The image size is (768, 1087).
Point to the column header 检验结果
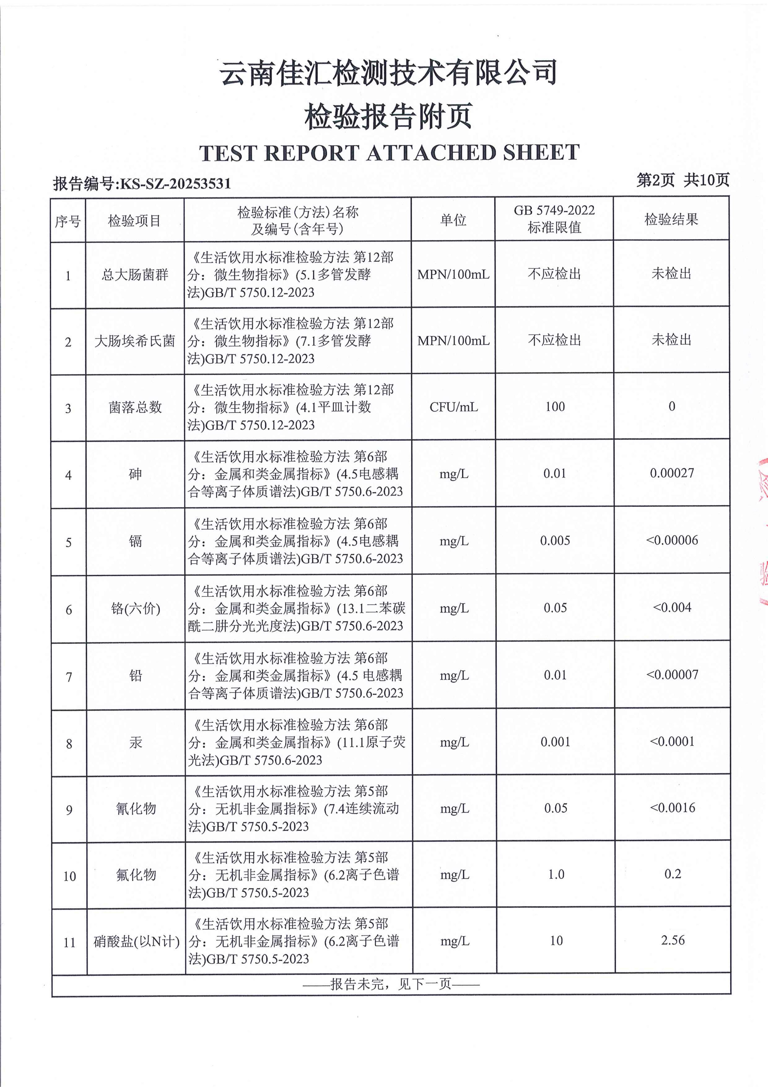[671, 219]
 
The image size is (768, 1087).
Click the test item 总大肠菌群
[135, 275]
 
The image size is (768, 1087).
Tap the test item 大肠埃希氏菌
[135, 341]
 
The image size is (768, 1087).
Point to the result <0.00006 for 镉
[671, 540]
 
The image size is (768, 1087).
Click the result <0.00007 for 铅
[672, 675]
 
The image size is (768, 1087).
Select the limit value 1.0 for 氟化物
[556, 874]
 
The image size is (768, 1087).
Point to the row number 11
[69, 942]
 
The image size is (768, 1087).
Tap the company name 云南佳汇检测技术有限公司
[388, 73]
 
